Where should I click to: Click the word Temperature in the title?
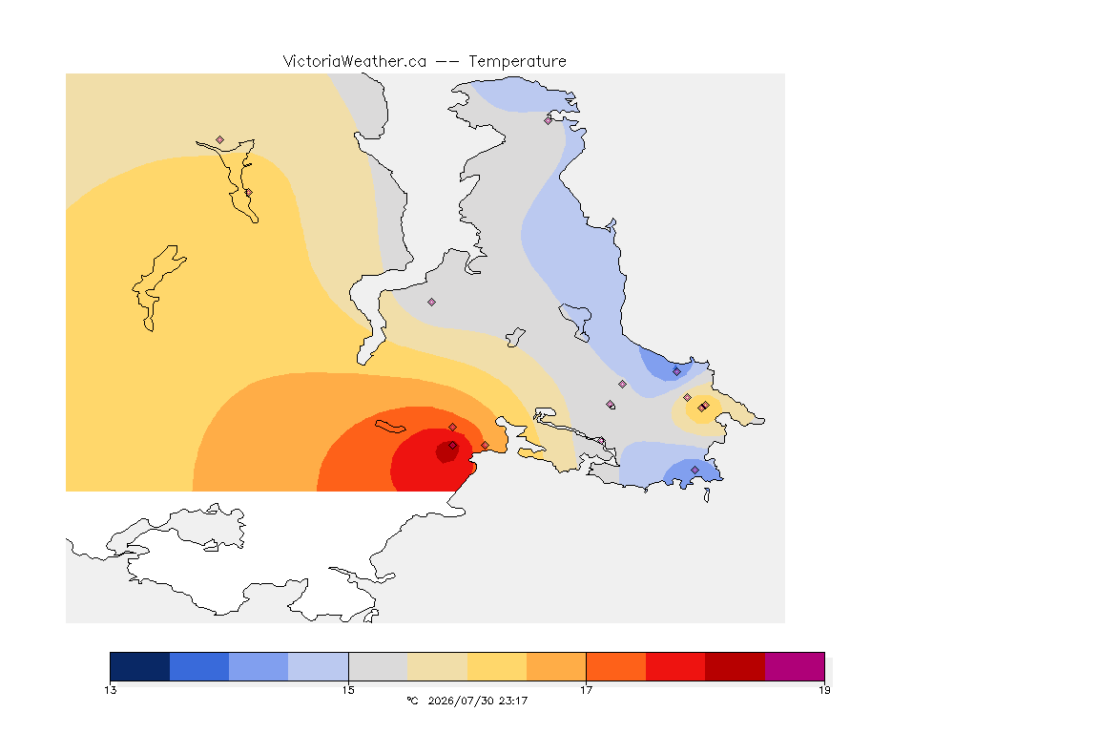click(x=517, y=62)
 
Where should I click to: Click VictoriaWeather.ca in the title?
click(x=355, y=62)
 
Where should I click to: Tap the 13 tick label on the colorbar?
click(x=111, y=690)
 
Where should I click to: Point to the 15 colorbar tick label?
click(x=348, y=690)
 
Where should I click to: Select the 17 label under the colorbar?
click(x=586, y=690)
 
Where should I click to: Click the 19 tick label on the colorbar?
click(x=824, y=690)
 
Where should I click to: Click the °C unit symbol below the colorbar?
click(x=413, y=701)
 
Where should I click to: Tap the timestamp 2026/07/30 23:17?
click(x=478, y=701)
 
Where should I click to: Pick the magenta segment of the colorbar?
click(x=795, y=666)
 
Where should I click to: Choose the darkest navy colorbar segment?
click(x=140, y=666)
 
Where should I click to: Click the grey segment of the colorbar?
click(x=378, y=666)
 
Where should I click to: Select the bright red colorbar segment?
click(x=675, y=666)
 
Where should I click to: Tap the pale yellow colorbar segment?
click(x=437, y=666)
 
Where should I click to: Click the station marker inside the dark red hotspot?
click(x=453, y=446)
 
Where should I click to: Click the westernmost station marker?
click(x=220, y=140)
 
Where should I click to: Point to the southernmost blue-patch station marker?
click(x=695, y=470)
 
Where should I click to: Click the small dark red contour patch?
click(x=447, y=451)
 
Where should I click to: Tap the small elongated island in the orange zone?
click(x=390, y=427)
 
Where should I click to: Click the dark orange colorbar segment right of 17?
click(x=616, y=666)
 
